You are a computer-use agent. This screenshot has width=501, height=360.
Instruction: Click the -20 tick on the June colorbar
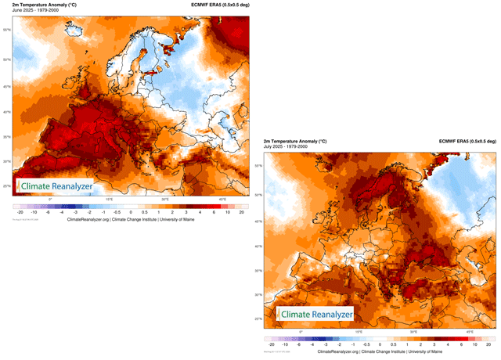click(x=18, y=212)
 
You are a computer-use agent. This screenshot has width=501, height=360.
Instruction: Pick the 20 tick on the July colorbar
click(x=489, y=344)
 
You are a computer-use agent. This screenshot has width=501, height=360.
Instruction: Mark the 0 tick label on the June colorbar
click(x=131, y=212)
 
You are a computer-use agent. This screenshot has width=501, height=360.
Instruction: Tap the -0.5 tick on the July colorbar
click(x=366, y=344)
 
